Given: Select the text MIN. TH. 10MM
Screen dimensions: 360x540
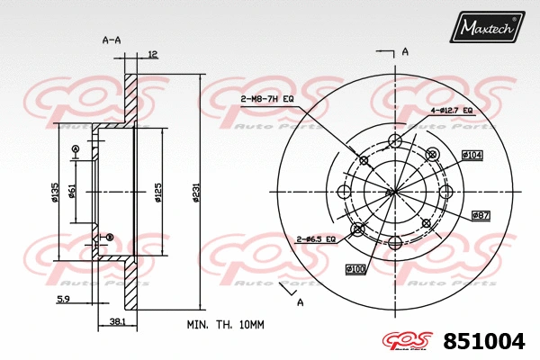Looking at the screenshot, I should coord(224,323).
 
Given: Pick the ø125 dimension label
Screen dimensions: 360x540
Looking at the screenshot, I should coord(158,192).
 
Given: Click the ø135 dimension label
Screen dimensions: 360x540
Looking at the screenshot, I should coord(55,192).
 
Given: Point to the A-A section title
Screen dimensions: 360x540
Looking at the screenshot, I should coord(111,40).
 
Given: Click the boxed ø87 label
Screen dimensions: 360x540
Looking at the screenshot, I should coord(480,215).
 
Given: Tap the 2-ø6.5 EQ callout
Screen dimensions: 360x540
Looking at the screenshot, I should coord(316,238).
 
